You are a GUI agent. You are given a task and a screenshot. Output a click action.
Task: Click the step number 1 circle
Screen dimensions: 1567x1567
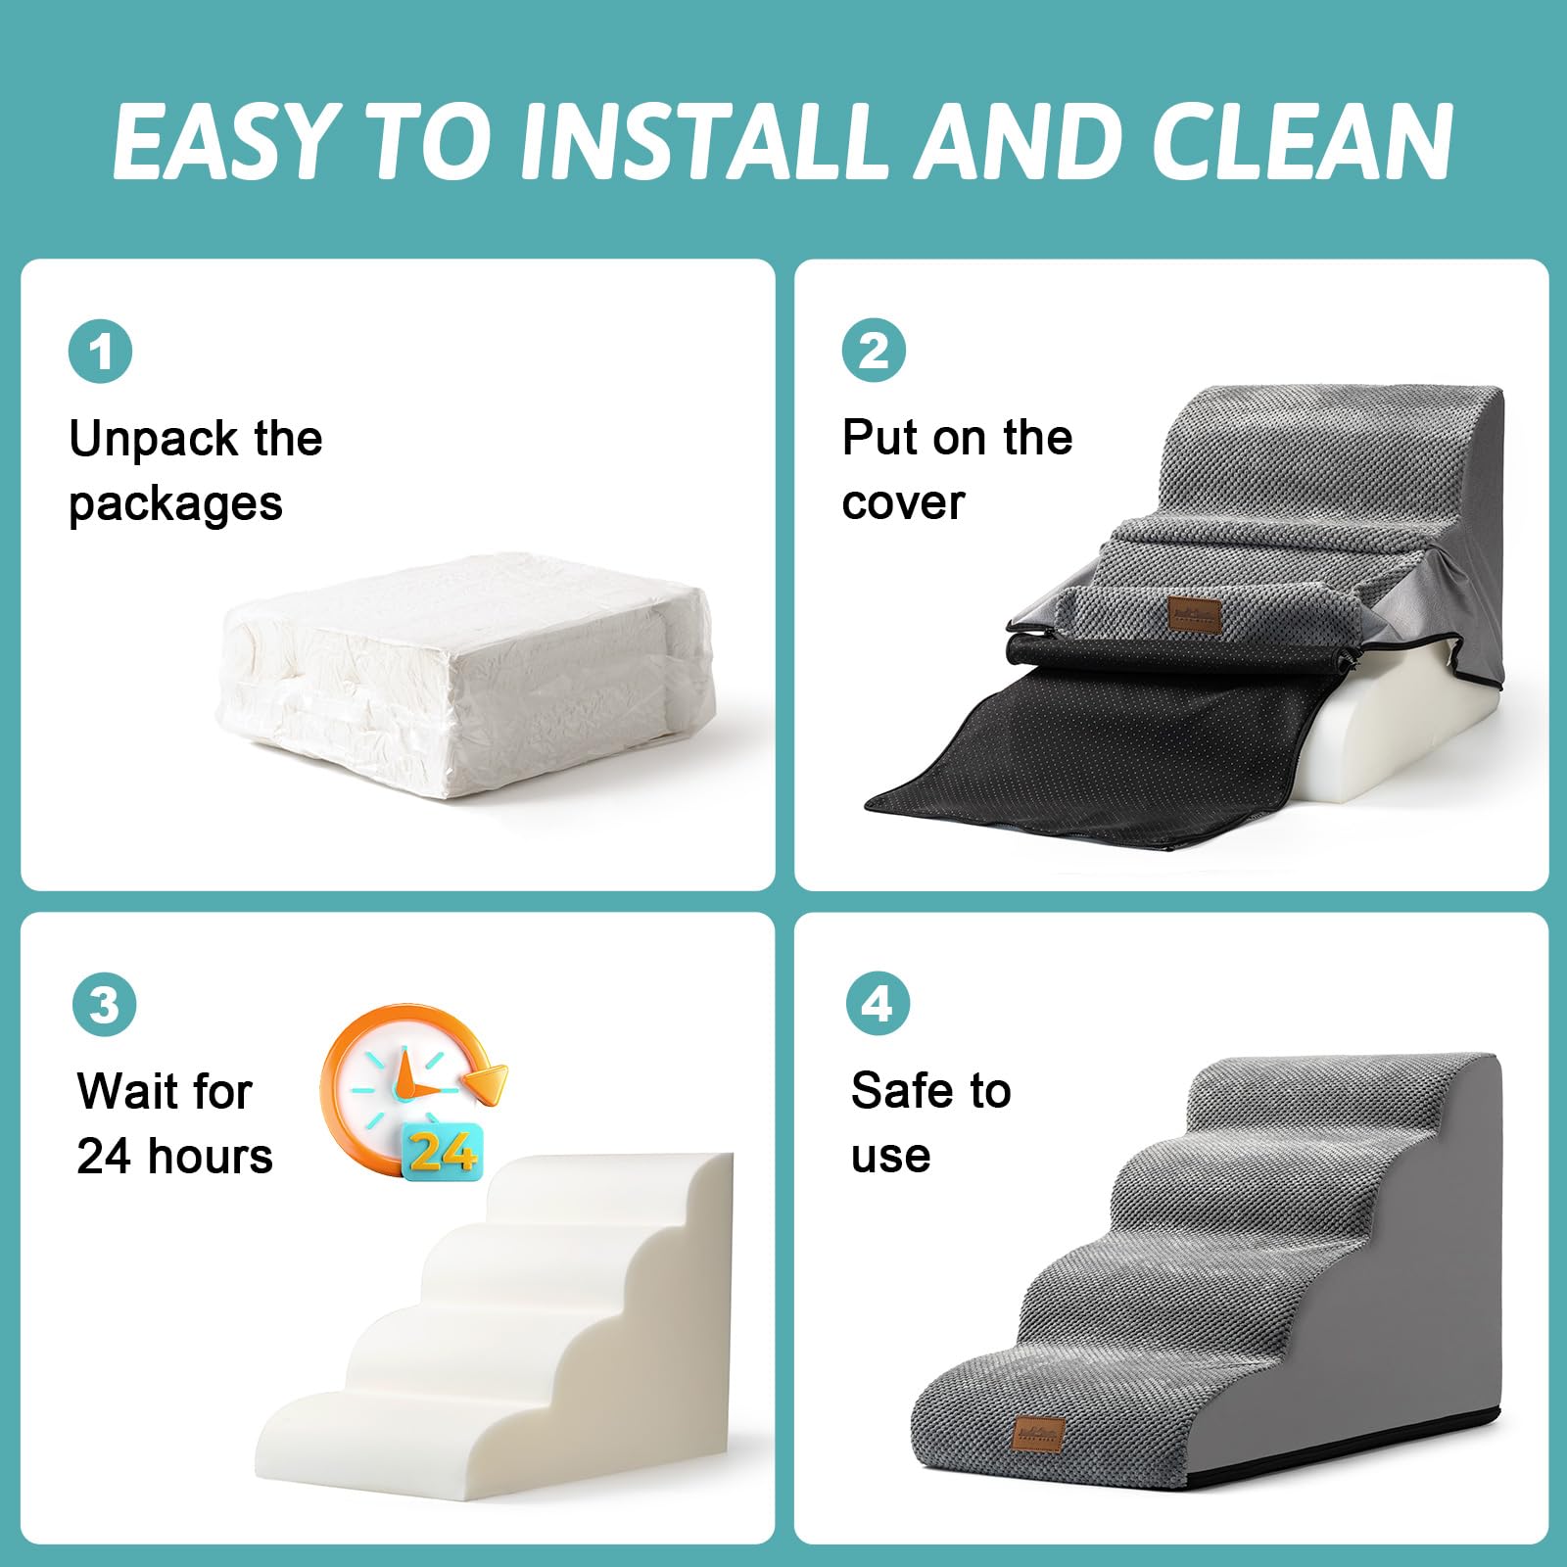[101, 351]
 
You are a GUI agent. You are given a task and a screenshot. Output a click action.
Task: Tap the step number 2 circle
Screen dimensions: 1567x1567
[874, 351]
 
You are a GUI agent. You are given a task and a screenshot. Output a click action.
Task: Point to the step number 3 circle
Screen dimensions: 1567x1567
[105, 1004]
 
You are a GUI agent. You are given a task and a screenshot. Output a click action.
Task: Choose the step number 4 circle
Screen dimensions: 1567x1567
[878, 1004]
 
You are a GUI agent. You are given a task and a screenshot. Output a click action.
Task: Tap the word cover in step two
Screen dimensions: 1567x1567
[903, 503]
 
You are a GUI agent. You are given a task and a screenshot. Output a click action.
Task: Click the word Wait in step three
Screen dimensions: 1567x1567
[137, 1091]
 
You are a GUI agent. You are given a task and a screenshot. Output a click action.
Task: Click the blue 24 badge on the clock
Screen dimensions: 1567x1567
[443, 1150]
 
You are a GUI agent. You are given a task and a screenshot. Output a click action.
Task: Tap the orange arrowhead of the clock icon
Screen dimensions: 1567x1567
[487, 1081]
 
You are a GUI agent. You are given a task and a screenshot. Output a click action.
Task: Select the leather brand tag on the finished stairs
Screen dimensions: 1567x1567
[1038, 1434]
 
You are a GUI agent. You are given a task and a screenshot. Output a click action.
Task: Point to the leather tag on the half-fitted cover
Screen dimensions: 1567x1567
[1194, 615]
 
